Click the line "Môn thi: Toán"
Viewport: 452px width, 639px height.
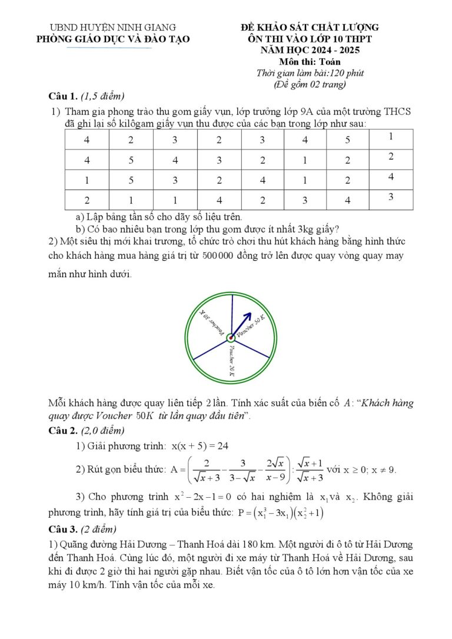310,61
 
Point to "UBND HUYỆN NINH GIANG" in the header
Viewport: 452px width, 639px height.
113,27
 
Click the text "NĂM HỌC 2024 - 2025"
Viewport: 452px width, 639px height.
310,50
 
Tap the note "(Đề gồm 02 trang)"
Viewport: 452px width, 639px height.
310,84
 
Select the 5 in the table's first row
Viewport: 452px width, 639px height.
348,140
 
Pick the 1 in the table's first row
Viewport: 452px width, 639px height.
391,137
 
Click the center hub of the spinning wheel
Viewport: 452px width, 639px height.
231,337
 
